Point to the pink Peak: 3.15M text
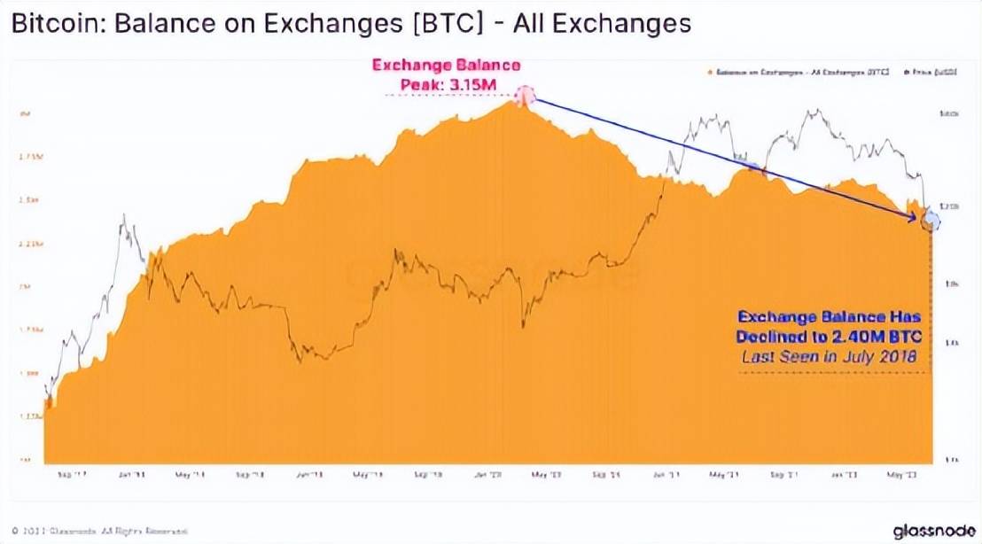(x=445, y=82)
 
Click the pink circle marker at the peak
(x=525, y=96)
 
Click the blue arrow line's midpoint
(x=727, y=158)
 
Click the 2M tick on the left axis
(x=27, y=287)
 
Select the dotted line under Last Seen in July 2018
(x=833, y=373)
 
